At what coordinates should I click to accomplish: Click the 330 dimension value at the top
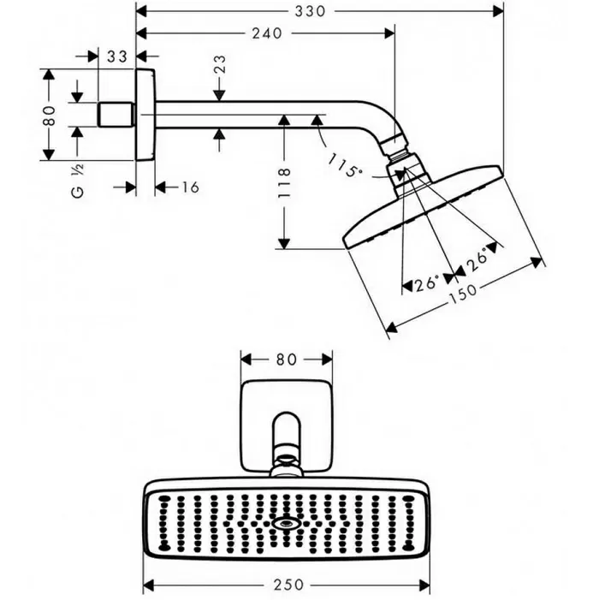pyautogui.click(x=310, y=11)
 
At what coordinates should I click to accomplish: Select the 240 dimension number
pyautogui.click(x=267, y=33)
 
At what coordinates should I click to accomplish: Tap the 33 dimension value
pyautogui.click(x=116, y=56)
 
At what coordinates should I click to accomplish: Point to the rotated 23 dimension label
pyautogui.click(x=220, y=64)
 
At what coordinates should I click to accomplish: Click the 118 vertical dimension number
pyautogui.click(x=284, y=182)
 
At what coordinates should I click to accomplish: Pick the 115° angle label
pyautogui.click(x=344, y=165)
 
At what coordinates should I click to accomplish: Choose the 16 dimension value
pyautogui.click(x=190, y=187)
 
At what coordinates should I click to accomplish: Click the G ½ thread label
pyautogui.click(x=78, y=181)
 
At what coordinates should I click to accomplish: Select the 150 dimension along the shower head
pyautogui.click(x=462, y=294)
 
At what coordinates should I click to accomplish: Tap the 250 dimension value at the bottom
pyautogui.click(x=288, y=585)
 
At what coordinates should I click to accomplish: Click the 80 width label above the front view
pyautogui.click(x=286, y=359)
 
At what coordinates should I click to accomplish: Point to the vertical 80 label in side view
pyautogui.click(x=49, y=116)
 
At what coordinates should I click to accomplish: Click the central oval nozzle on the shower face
pyautogui.click(x=285, y=524)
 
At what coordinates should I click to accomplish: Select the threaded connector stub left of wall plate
pyautogui.click(x=116, y=115)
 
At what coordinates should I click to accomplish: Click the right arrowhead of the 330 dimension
pyautogui.click(x=498, y=11)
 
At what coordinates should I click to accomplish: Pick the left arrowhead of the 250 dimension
pyautogui.click(x=148, y=585)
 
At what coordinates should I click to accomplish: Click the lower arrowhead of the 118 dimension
pyautogui.click(x=284, y=243)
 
